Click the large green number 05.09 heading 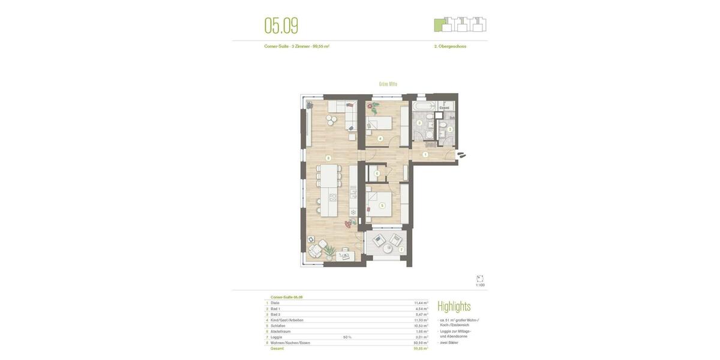click(281, 26)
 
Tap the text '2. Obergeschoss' click(450, 46)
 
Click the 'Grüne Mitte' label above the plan click(388, 84)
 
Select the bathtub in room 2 click(424, 106)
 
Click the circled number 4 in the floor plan click(380, 139)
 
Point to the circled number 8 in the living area click(328, 158)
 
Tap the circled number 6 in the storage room click(377, 173)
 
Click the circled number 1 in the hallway click(425, 155)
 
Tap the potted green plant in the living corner click(329, 252)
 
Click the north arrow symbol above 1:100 click(480, 279)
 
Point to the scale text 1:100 click(480, 286)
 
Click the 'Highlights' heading click(454, 307)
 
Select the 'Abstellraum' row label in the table click(280, 331)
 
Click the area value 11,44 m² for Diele click(421, 303)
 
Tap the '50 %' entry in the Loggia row click(347, 337)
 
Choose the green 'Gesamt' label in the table click(277, 349)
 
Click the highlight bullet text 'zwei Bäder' click(449, 343)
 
